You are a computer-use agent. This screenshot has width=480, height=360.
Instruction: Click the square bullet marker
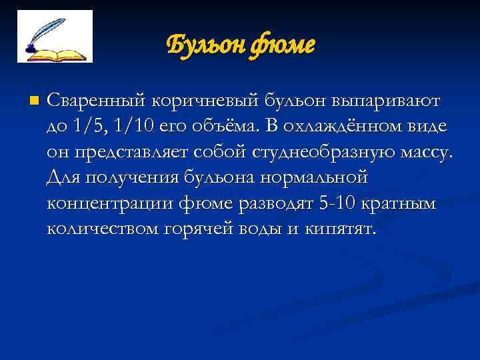pyautogui.click(x=34, y=101)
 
